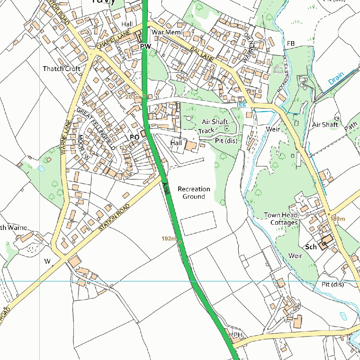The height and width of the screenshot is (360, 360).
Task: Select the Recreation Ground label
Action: point(194,193)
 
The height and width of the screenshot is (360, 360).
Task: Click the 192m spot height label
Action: point(169,239)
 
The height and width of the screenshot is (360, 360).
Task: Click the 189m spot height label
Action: point(338,219)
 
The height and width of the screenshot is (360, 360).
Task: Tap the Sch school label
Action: point(311,247)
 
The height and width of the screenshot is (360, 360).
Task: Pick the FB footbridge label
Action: point(290,43)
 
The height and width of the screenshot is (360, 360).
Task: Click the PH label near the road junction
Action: point(238,335)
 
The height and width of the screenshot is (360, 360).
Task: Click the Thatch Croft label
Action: point(62,69)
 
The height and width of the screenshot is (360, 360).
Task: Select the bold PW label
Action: point(145,46)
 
